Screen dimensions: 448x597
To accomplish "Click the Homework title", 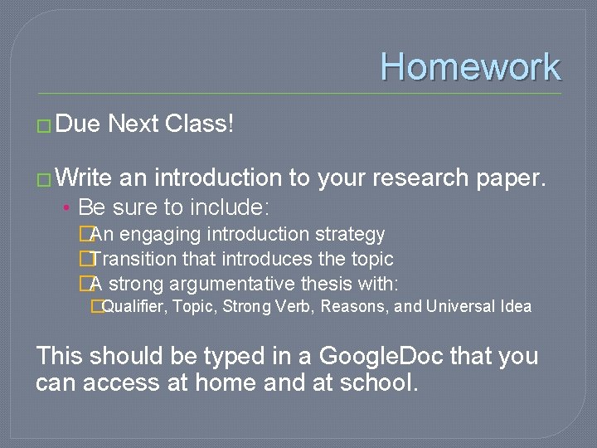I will pos(470,66).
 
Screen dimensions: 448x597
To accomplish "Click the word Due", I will pos(79,124).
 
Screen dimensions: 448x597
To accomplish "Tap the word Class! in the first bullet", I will pos(200,124).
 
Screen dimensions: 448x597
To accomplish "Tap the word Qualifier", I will pos(133,307).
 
